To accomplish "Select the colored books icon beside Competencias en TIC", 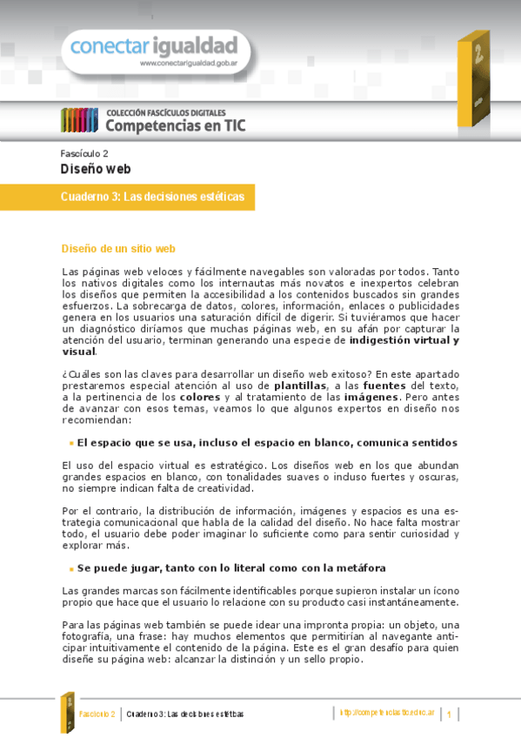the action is pyautogui.click(x=79, y=120).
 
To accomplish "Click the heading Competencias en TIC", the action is pyautogui.click(x=176, y=125).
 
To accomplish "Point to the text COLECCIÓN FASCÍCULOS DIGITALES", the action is pyautogui.click(x=166, y=112).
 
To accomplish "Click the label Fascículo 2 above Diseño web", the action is pyautogui.click(x=84, y=152).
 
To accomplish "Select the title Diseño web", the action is pyautogui.click(x=95, y=169).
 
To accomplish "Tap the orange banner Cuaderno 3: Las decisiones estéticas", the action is pyautogui.click(x=152, y=198).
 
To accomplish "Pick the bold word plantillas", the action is pyautogui.click(x=300, y=385).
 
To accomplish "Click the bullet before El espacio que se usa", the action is pyautogui.click(x=70, y=444).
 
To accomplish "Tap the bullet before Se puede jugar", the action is pyautogui.click(x=70, y=569).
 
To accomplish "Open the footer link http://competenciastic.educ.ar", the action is pyautogui.click(x=385, y=714).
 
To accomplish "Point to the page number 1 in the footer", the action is pyautogui.click(x=450, y=715).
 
